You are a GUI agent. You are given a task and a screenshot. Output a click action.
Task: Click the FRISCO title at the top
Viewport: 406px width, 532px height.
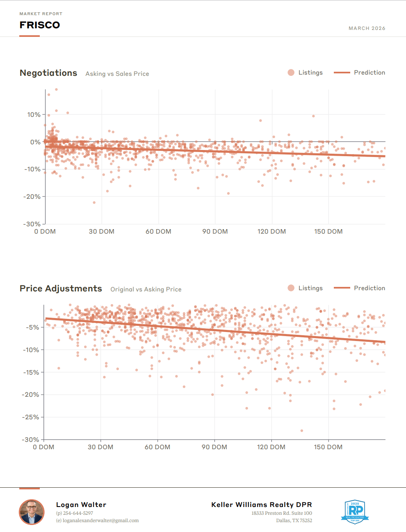[40, 25]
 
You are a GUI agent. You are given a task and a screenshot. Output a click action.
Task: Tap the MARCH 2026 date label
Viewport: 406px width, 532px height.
[367, 28]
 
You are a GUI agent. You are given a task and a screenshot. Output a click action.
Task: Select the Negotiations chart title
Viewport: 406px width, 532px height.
[48, 73]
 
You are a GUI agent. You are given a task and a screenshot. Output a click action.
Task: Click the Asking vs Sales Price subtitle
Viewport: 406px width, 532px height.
[117, 74]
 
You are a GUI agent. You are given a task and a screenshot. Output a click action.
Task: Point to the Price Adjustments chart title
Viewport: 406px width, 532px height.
[61, 289]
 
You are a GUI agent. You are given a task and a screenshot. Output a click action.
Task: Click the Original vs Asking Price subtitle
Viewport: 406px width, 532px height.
[146, 289]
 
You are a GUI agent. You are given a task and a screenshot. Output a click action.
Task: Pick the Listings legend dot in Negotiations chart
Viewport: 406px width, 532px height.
[291, 73]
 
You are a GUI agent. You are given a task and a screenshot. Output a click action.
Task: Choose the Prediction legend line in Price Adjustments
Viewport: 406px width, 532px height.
[342, 288]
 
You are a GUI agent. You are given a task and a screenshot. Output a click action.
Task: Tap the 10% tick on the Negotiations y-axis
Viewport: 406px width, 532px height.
[34, 115]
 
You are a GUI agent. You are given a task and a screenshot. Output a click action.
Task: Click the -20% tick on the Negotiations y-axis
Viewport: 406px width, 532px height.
[32, 197]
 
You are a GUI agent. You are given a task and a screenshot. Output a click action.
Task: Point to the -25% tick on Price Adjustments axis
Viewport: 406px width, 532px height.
[31, 417]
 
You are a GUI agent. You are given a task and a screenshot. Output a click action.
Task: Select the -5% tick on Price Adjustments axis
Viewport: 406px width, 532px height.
[33, 327]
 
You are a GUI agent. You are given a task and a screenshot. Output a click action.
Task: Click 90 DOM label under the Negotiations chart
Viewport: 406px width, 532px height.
[215, 232]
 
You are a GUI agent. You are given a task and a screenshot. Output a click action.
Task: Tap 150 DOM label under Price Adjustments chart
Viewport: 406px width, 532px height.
[328, 447]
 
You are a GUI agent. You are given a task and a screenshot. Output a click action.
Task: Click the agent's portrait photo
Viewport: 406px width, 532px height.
[32, 512]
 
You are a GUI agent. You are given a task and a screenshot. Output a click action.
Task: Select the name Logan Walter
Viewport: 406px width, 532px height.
[81, 505]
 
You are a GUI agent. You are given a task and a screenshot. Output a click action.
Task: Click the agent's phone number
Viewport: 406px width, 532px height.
[75, 513]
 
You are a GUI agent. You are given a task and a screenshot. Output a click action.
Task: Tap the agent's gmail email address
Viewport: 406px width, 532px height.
[97, 521]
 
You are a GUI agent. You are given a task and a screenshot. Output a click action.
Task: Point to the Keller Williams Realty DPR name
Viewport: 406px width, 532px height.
[262, 505]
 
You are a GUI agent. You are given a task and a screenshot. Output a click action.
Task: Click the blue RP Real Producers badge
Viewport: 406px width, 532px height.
[355, 512]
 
